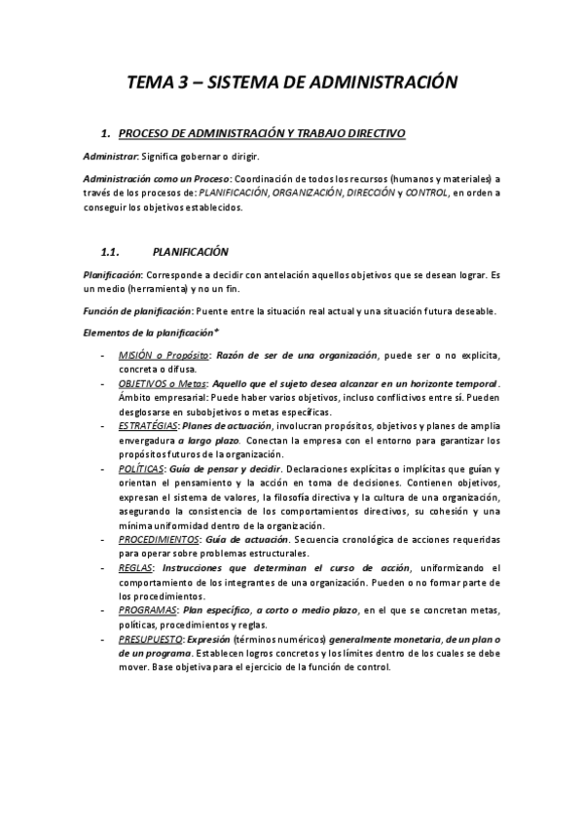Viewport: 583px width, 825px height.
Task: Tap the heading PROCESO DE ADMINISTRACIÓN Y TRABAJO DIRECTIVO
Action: [255, 132]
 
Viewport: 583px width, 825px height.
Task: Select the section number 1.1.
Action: [109, 250]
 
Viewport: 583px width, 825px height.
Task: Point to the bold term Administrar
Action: [110, 156]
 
